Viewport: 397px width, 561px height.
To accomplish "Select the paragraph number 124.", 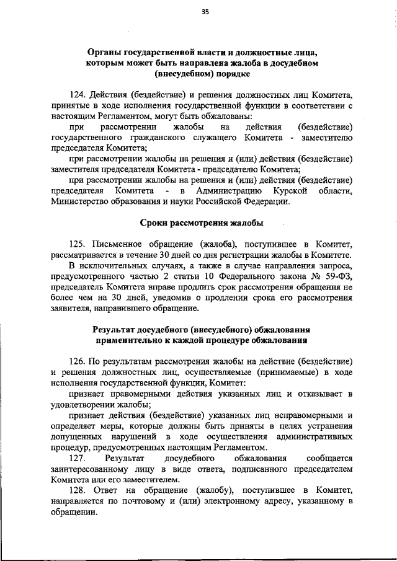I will tap(78, 95).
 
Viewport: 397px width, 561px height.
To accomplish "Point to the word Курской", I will tap(288, 190).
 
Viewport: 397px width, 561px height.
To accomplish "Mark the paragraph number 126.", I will tap(78, 361).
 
